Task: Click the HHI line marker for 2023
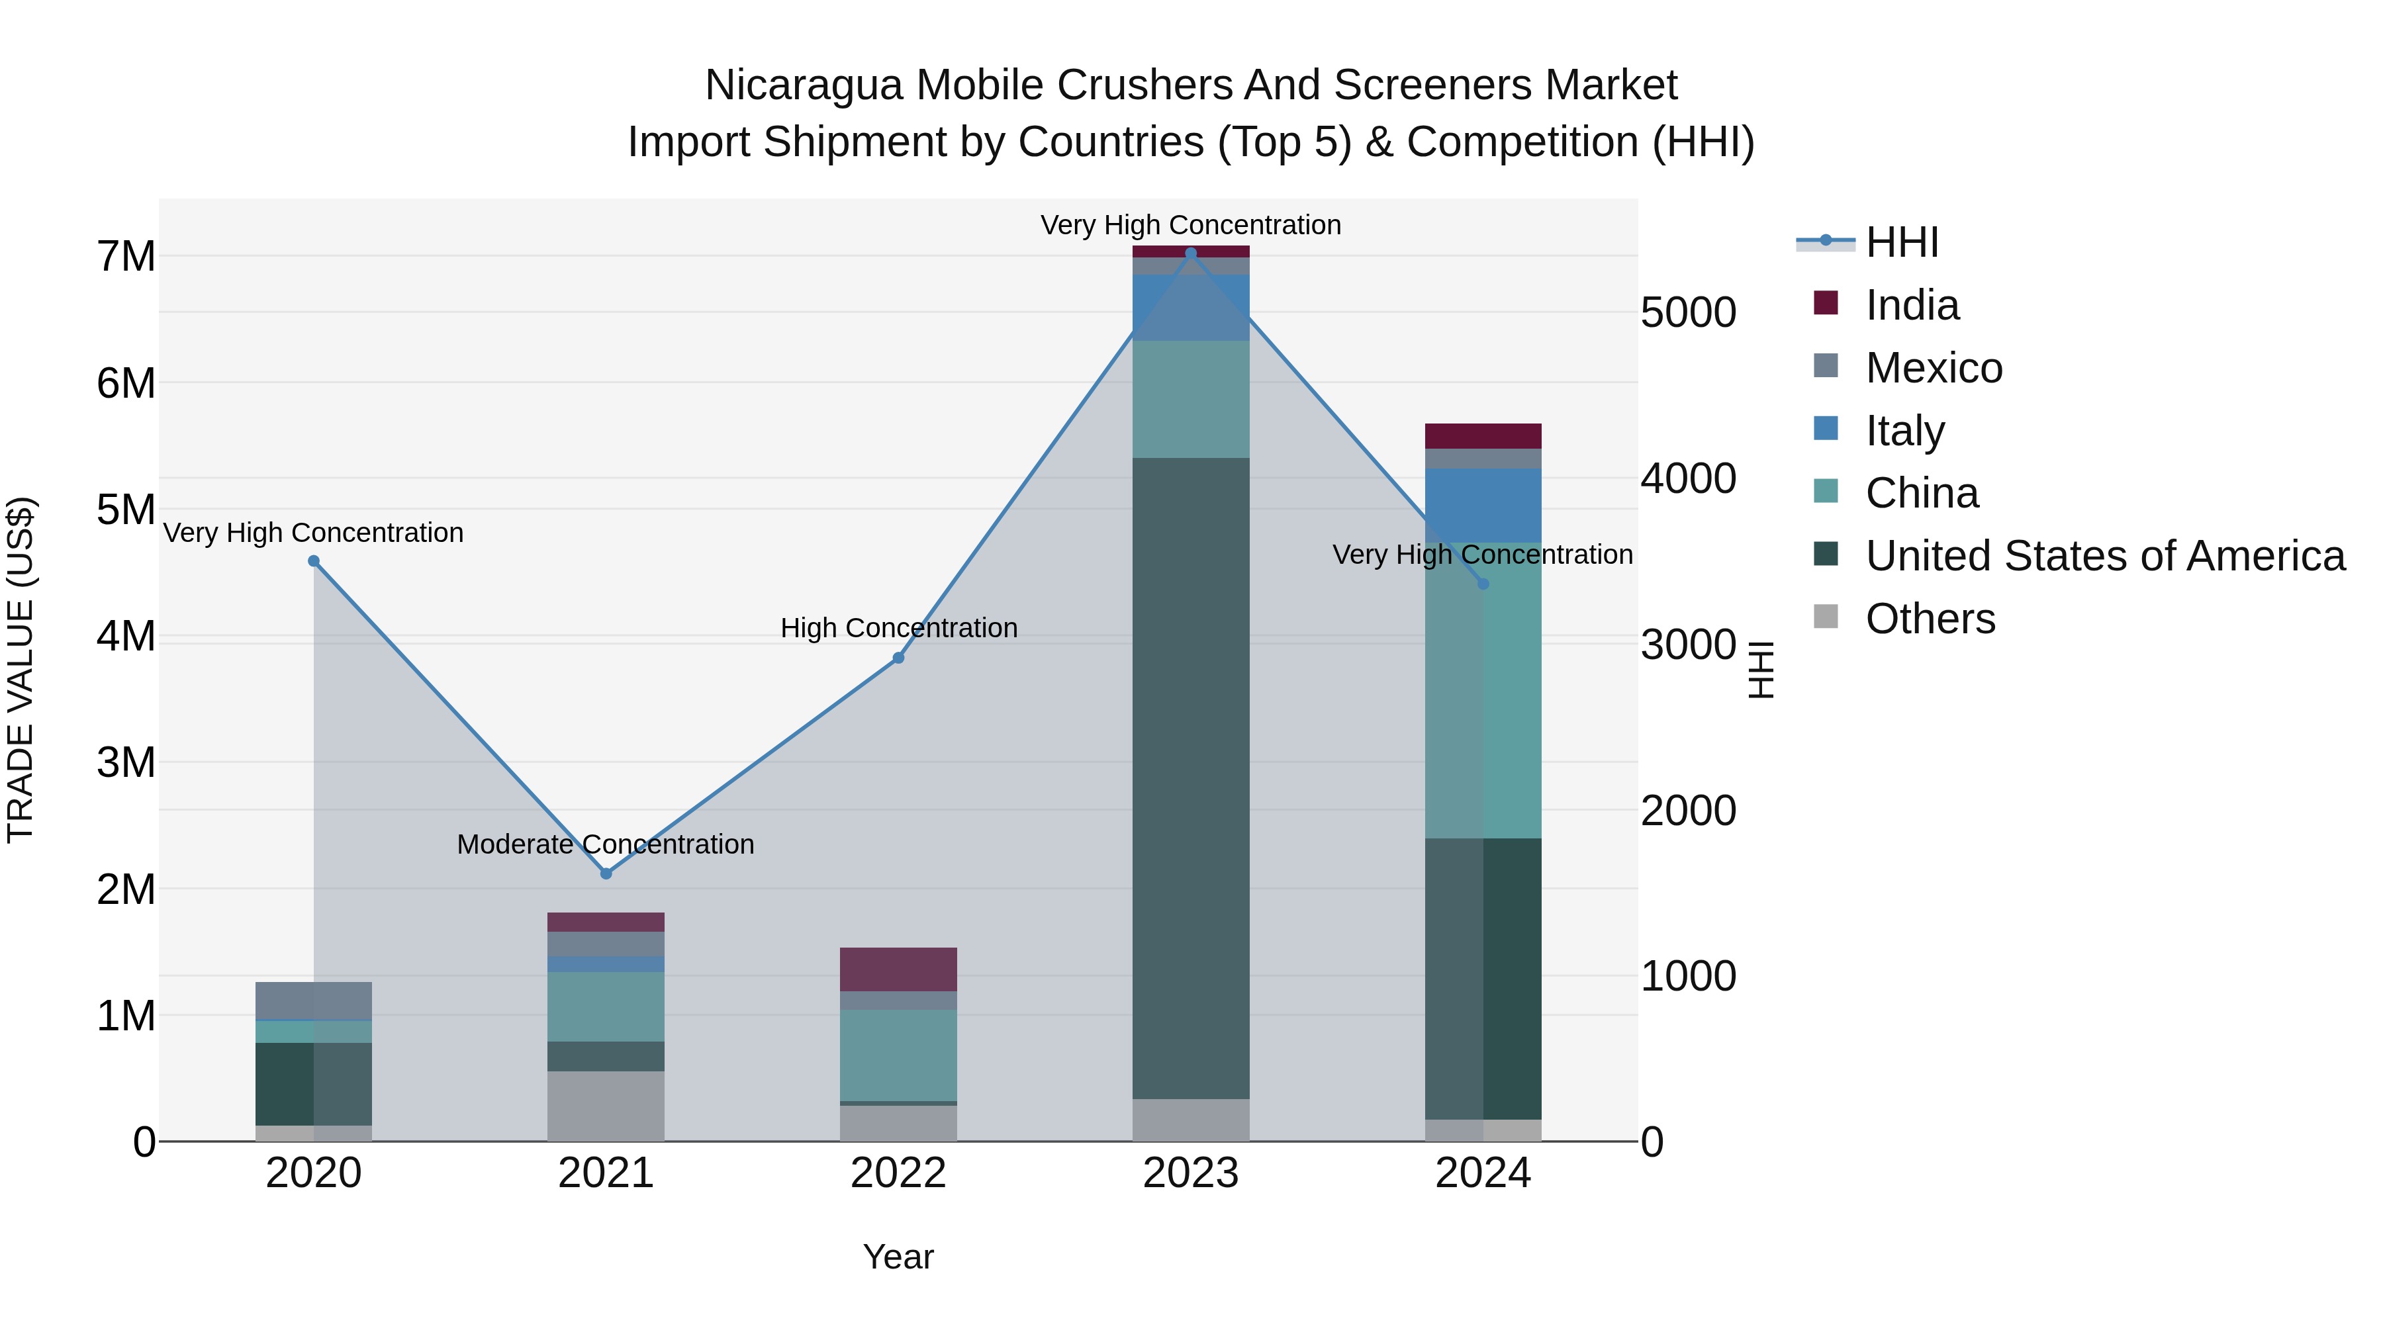[x=1191, y=253]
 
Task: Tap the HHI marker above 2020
[x=314, y=561]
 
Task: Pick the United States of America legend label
[x=2104, y=556]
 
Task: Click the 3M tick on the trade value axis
[x=126, y=763]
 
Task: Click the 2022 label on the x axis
[x=898, y=1173]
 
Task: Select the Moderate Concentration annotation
[x=605, y=844]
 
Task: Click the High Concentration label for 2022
[x=898, y=628]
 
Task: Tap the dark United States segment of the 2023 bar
[x=1191, y=777]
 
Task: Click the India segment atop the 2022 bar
[x=898, y=969]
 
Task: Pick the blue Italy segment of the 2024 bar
[x=1482, y=505]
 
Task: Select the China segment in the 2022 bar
[x=898, y=1054]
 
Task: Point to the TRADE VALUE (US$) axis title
[x=21, y=670]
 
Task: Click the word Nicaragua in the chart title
[x=803, y=86]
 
